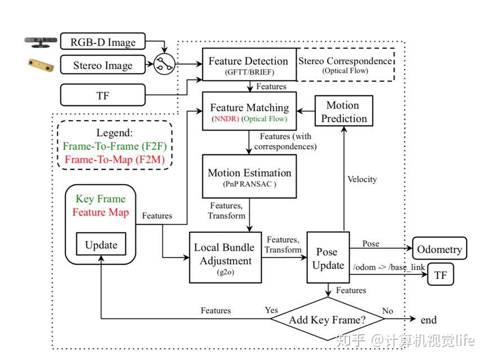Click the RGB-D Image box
click(103, 41)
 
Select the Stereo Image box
click(103, 65)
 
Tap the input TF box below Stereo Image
click(103, 95)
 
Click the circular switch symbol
click(164, 64)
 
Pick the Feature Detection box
click(249, 65)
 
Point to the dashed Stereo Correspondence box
click(345, 65)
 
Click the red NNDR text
click(226, 119)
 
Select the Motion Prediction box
click(344, 111)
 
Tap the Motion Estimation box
click(249, 176)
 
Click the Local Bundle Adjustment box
click(225, 257)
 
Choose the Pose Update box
click(328, 257)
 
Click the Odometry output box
click(440, 248)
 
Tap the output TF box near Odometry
click(440, 274)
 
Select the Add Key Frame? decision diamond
click(328, 319)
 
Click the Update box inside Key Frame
click(101, 244)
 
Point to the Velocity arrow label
click(362, 179)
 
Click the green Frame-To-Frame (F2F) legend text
click(115, 146)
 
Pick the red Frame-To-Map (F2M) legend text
click(115, 159)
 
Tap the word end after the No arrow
click(428, 319)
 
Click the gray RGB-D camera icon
click(41, 42)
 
